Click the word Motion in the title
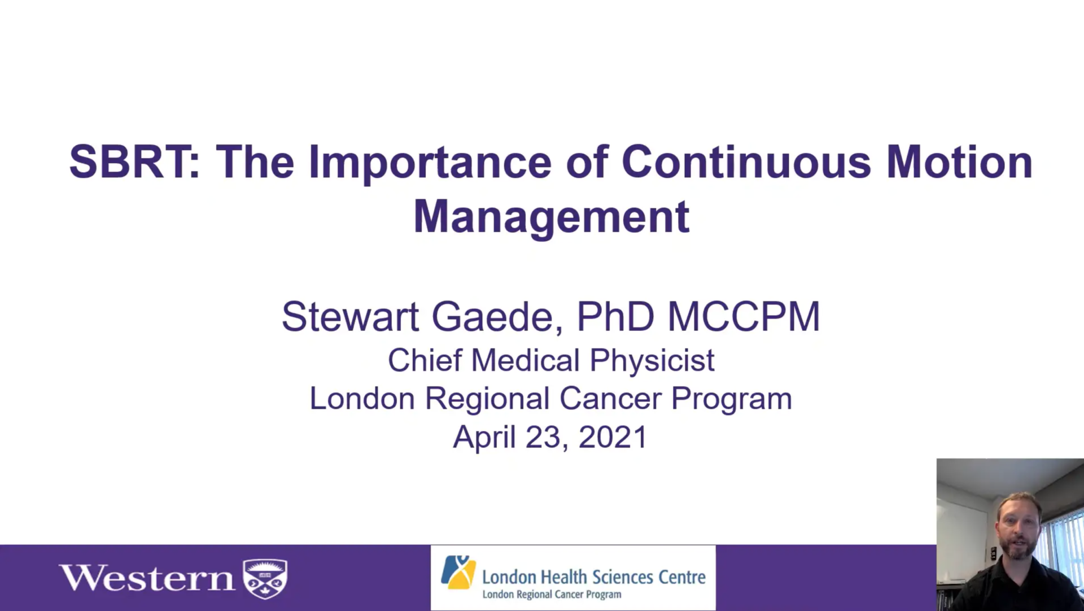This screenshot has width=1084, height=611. pos(959,162)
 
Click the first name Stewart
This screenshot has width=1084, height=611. pos(350,317)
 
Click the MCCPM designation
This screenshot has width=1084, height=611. pos(744,317)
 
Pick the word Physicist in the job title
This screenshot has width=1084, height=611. pos(652,361)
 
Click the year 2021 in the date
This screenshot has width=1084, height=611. pos(613,438)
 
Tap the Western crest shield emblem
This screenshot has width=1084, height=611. pos(265,578)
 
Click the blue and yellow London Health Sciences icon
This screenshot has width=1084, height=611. pos(458,572)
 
